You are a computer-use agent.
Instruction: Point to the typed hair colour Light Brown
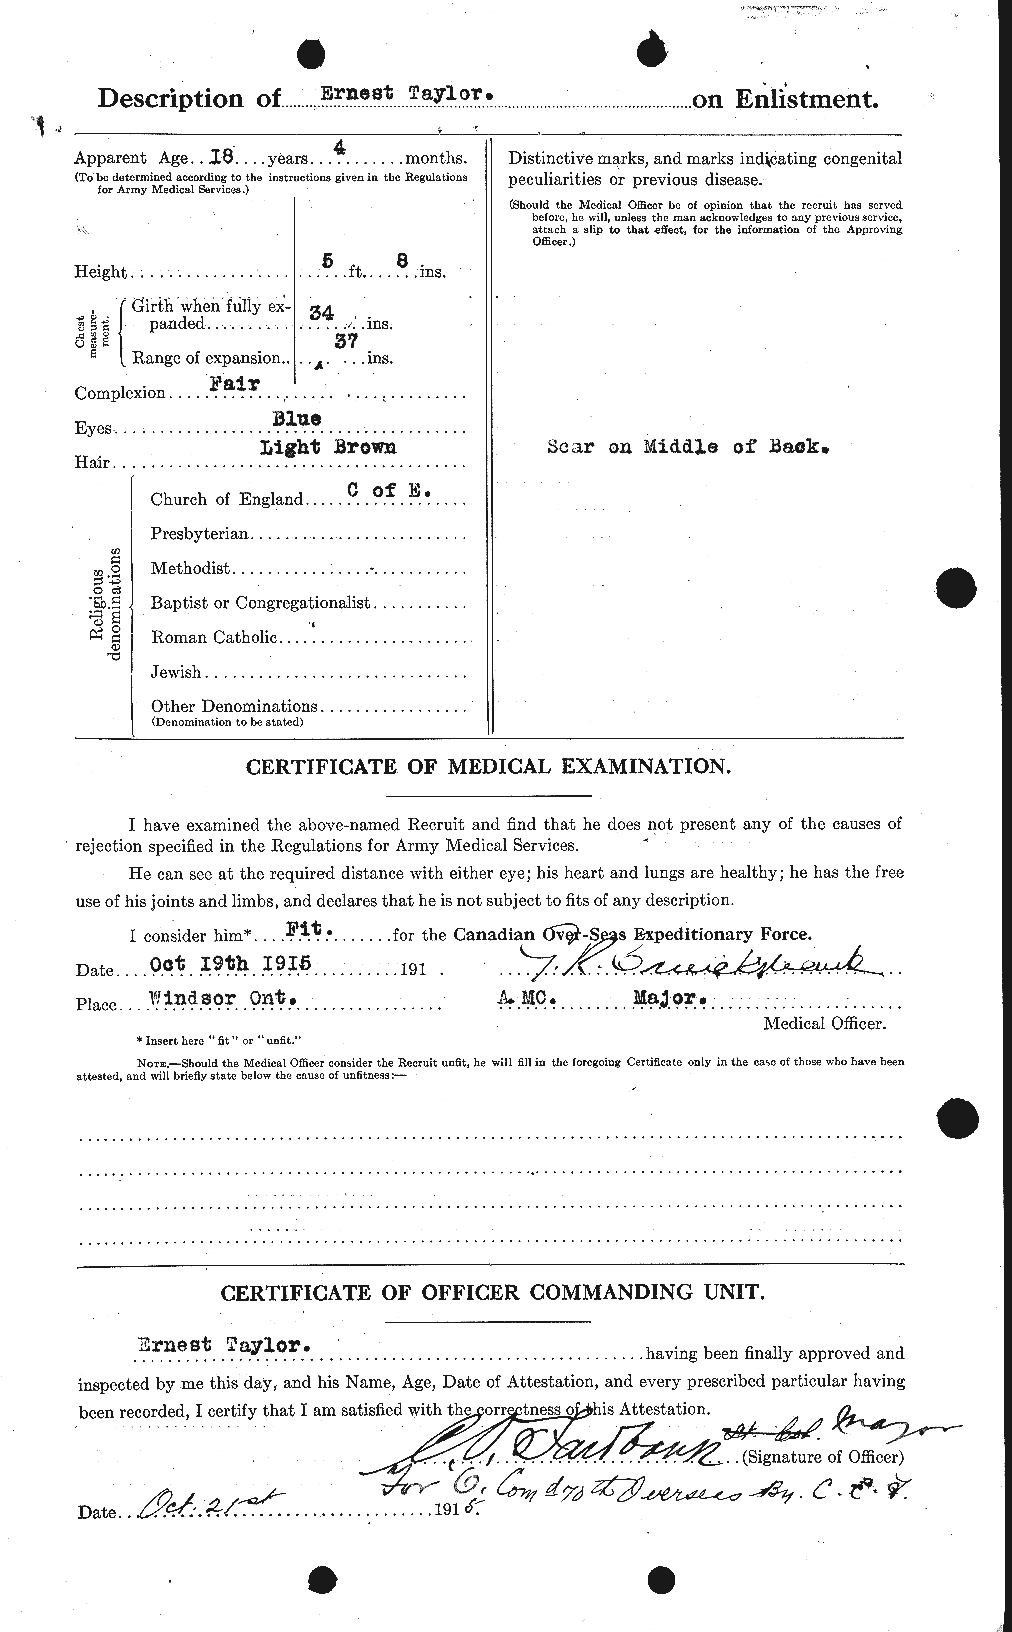click(x=327, y=447)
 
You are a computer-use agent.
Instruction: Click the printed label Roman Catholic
click(x=213, y=637)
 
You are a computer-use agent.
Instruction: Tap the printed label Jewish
click(x=176, y=672)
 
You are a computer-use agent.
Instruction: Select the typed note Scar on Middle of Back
click(x=690, y=447)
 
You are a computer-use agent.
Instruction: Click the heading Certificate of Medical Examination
click(x=487, y=767)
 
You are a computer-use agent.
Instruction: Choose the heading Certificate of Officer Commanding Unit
click(x=493, y=1292)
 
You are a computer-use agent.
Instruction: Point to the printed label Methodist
click(x=190, y=568)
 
